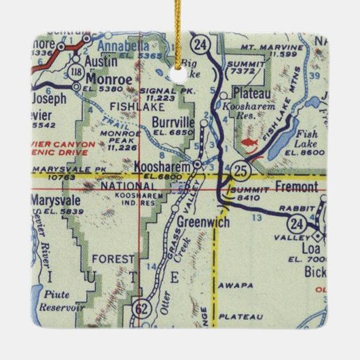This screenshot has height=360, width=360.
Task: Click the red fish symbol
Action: (x=249, y=143)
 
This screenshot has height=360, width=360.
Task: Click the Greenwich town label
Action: (x=195, y=221)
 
